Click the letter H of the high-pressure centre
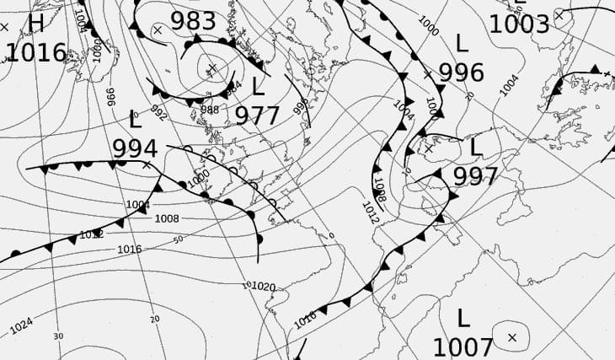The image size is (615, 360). tap(36, 23)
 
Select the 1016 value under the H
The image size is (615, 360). tap(35, 52)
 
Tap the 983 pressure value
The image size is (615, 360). tap(193, 20)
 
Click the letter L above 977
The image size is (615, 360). tap(258, 85)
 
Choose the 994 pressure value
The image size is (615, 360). tap(135, 148)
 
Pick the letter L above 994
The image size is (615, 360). tap(136, 119)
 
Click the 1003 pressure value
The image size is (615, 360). tap(519, 24)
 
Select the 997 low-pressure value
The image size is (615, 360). tap(475, 175)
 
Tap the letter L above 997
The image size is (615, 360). tap(475, 148)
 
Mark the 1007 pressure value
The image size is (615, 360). tap(463, 347)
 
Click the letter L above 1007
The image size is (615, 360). tap(463, 318)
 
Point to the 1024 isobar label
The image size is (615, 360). tap(23, 325)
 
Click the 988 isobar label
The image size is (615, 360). tap(210, 110)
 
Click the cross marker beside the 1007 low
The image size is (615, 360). tap(512, 337)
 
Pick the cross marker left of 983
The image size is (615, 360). tap(158, 30)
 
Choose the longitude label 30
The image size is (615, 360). tap(57, 336)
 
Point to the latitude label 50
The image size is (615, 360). tap(178, 240)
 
